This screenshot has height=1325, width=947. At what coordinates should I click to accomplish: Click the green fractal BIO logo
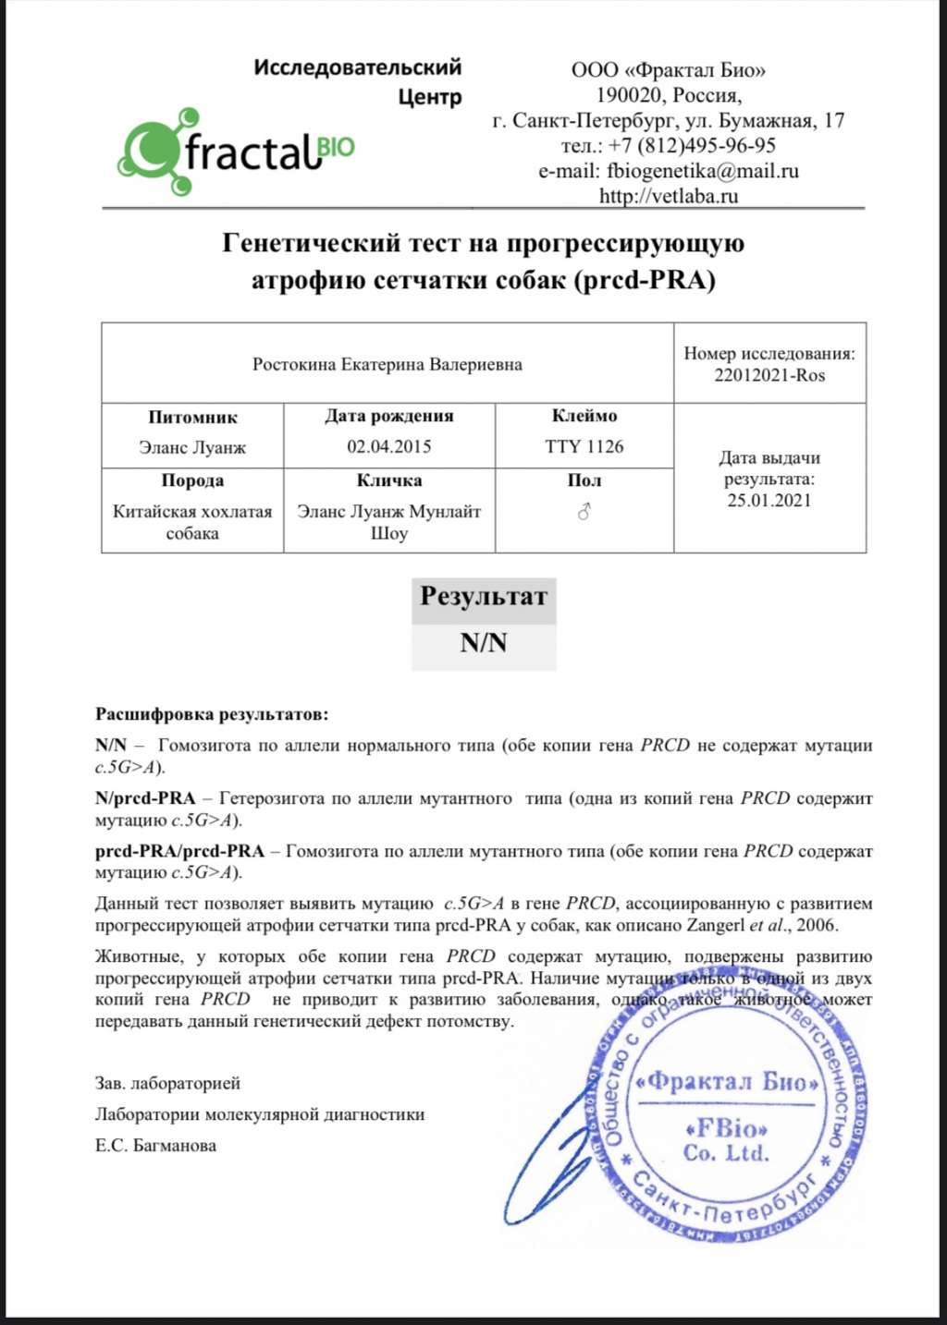click(236, 151)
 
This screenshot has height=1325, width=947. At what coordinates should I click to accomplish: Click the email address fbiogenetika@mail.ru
click(702, 171)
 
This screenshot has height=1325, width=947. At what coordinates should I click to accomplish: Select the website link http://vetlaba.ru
click(668, 196)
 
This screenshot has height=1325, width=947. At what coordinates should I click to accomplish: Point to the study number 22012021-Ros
click(769, 376)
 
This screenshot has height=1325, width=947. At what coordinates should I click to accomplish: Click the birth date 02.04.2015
click(388, 447)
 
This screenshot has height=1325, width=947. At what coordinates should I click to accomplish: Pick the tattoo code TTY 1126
click(584, 447)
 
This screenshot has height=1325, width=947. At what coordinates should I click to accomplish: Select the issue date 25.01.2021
click(769, 501)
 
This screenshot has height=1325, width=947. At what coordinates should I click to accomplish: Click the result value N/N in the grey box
click(484, 643)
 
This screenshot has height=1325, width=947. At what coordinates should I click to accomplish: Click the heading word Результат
click(484, 596)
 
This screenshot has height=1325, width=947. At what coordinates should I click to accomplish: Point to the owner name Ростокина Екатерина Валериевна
click(387, 365)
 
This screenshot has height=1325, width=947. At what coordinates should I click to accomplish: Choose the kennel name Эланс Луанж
click(192, 448)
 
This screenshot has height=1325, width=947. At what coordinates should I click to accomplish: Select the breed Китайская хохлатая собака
click(192, 522)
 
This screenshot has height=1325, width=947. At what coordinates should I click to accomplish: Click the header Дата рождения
click(388, 416)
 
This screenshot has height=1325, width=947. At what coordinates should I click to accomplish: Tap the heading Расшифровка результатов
click(212, 714)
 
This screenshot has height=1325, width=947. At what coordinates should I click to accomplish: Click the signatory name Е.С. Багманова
click(155, 1146)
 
